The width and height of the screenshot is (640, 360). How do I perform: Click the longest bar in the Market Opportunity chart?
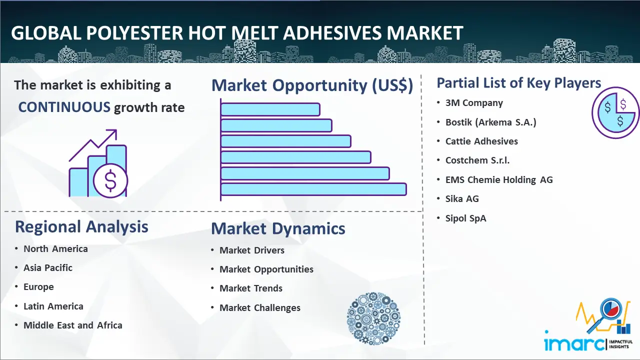coord(313,189)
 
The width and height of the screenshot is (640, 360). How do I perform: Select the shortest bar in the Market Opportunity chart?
coord(270,109)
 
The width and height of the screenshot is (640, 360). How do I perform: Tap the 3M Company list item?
coord(474,103)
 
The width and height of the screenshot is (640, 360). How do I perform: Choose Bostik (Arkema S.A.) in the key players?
coord(490,122)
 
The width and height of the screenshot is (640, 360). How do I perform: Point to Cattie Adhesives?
coord(481,141)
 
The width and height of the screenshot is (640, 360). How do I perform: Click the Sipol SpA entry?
coord(465,218)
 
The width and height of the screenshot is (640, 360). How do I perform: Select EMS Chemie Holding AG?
coord(499,179)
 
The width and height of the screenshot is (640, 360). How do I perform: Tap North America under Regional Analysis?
coord(55,249)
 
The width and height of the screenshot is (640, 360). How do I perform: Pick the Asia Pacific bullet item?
coord(48,268)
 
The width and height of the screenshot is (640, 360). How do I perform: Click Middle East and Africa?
coord(73,325)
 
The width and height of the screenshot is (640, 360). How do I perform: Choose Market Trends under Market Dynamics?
coord(251,288)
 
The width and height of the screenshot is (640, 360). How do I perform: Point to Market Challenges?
coord(260,308)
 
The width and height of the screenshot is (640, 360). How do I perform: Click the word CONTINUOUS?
coord(64,107)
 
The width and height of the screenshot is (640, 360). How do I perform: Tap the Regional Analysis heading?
coord(81,227)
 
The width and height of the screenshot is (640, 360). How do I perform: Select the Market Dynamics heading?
coord(278,229)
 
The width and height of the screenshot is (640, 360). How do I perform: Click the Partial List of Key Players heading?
coord(518,83)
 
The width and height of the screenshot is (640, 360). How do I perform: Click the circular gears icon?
coord(372,318)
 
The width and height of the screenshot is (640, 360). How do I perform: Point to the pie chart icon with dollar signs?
coord(615,113)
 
